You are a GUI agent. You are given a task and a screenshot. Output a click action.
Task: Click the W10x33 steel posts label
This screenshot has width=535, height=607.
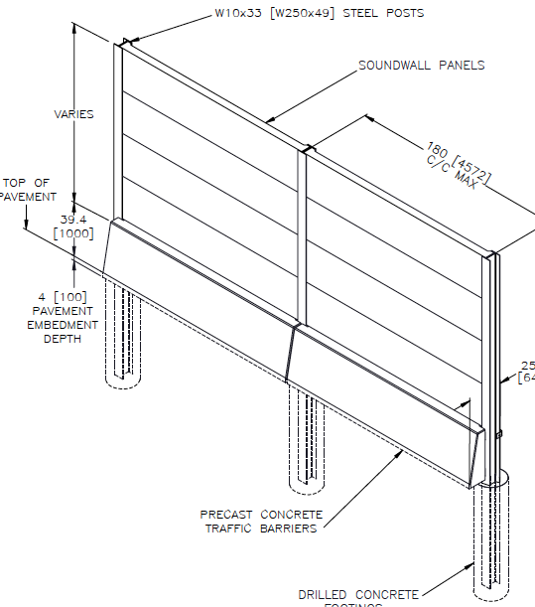319,14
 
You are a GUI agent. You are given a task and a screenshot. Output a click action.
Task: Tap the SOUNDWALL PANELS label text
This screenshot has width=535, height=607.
422,66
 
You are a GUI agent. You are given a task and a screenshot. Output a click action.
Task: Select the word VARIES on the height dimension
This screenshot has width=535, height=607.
73,114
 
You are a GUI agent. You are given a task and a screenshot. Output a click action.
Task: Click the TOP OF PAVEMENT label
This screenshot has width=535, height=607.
27,190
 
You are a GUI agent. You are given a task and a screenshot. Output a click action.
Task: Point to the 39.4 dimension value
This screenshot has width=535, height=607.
75,219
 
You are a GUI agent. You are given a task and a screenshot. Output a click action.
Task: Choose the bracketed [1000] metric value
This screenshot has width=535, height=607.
73,233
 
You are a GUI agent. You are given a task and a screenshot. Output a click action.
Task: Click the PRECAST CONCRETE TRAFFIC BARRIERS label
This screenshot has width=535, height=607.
261,522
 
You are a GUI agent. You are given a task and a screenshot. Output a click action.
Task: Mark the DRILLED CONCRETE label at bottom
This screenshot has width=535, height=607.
358,594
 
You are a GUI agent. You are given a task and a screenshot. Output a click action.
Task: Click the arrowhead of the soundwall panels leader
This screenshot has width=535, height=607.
270,121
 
